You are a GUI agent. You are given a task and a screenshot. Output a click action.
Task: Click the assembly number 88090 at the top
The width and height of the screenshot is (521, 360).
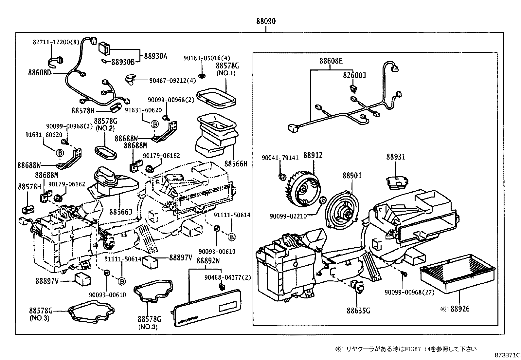click(x=266, y=21)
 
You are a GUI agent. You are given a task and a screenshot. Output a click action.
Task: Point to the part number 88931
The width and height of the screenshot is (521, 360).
click(x=395, y=157)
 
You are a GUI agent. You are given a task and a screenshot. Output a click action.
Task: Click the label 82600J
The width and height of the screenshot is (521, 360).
click(x=354, y=75)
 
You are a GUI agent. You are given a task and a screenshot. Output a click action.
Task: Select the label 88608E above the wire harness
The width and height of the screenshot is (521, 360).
click(x=331, y=61)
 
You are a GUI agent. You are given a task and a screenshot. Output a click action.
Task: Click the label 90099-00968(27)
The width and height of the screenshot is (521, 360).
click(x=409, y=292)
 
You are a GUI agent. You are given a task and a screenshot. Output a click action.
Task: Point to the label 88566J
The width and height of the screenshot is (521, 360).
click(x=120, y=212)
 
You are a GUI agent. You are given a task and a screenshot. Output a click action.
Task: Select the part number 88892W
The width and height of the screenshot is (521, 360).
click(x=208, y=261)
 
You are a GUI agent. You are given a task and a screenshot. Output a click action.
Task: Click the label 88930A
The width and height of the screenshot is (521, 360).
click(x=155, y=56)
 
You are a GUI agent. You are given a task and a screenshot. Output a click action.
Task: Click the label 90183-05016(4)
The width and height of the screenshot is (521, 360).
click(x=207, y=58)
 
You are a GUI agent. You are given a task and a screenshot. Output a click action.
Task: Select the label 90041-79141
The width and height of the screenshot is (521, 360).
click(x=280, y=158)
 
